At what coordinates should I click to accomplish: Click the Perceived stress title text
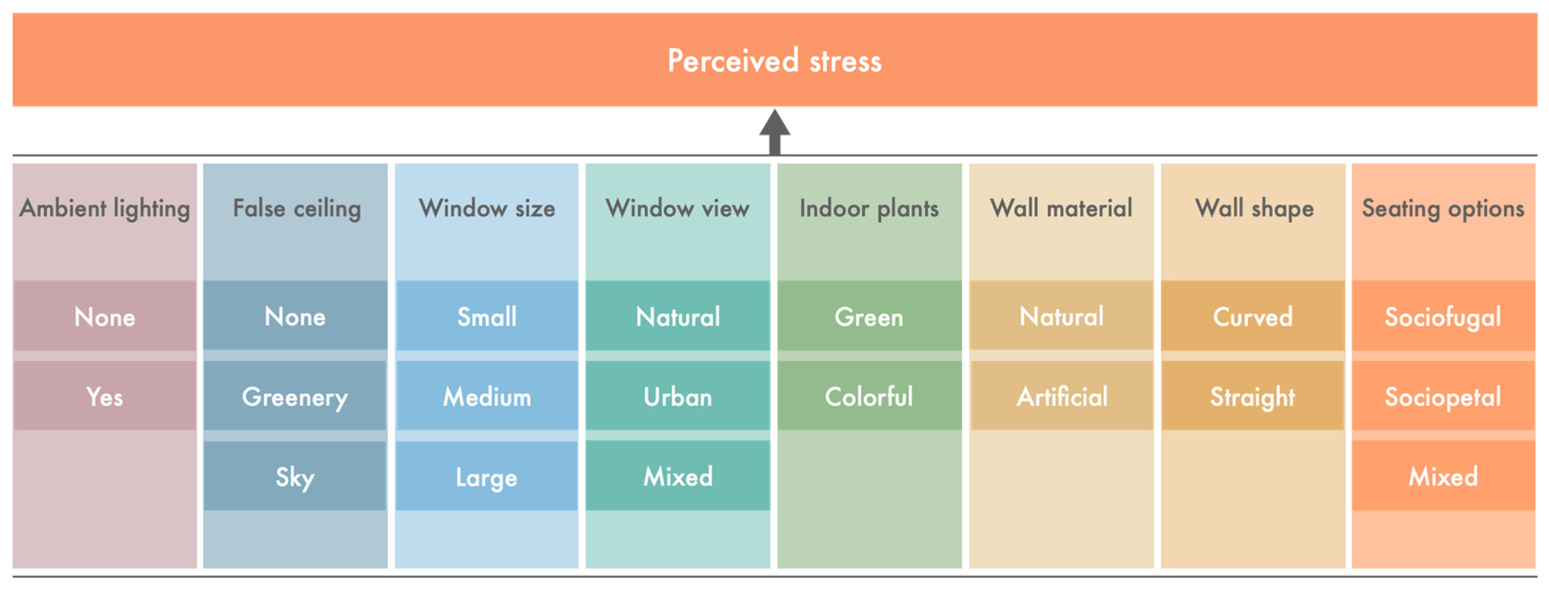click(774, 61)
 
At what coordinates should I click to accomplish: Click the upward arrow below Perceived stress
click(774, 132)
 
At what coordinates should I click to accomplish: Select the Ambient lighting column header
click(105, 209)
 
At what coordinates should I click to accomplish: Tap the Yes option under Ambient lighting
click(105, 396)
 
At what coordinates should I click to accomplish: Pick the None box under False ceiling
click(295, 315)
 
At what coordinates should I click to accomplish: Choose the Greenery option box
click(295, 396)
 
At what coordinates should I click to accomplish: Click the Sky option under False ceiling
click(295, 475)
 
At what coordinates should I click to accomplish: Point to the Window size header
click(487, 209)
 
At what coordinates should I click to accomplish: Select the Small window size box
click(487, 315)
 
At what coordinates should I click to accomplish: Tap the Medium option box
click(487, 396)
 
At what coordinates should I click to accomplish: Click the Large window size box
click(487, 475)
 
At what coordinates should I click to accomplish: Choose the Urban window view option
click(678, 396)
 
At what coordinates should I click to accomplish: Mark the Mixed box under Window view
click(678, 475)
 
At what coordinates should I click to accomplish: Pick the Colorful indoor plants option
click(869, 396)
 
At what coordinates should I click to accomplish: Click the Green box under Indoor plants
click(869, 315)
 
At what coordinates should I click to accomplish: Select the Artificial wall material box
click(1062, 396)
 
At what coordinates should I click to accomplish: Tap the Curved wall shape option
click(1252, 315)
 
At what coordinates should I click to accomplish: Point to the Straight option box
click(1252, 396)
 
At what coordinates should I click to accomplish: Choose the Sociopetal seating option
click(1443, 396)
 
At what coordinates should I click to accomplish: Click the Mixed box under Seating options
click(1443, 475)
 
